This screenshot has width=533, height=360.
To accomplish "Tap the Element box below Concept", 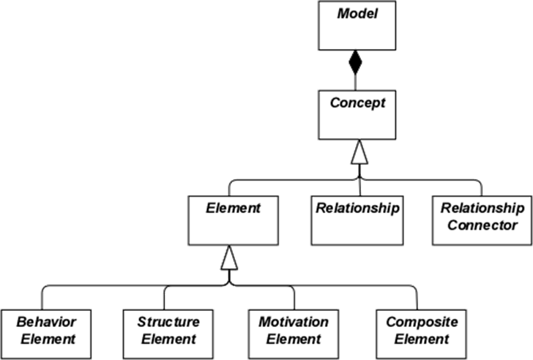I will [x=233, y=220].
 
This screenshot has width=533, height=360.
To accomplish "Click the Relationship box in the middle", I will [x=357, y=220].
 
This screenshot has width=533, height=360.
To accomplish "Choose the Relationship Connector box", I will [x=482, y=220].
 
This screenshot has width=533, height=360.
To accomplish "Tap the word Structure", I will [x=168, y=322].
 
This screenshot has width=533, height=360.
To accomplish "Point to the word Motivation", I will [x=294, y=322].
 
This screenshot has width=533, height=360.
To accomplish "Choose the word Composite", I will [x=422, y=323].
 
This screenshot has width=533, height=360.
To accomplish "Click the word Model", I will [x=357, y=14].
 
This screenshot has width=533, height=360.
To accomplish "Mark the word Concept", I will [x=357, y=102].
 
